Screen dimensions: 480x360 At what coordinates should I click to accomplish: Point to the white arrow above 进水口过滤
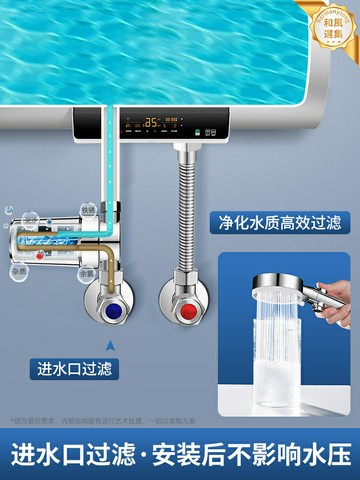pos(110,345)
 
